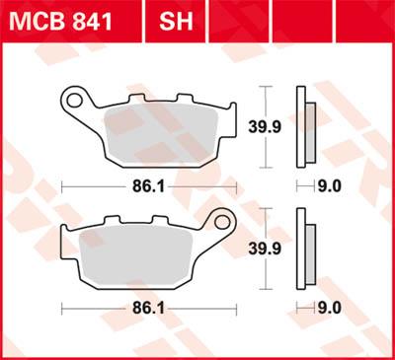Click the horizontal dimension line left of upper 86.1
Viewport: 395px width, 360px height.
coord(94,184)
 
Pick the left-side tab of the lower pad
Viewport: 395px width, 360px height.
coord(66,246)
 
